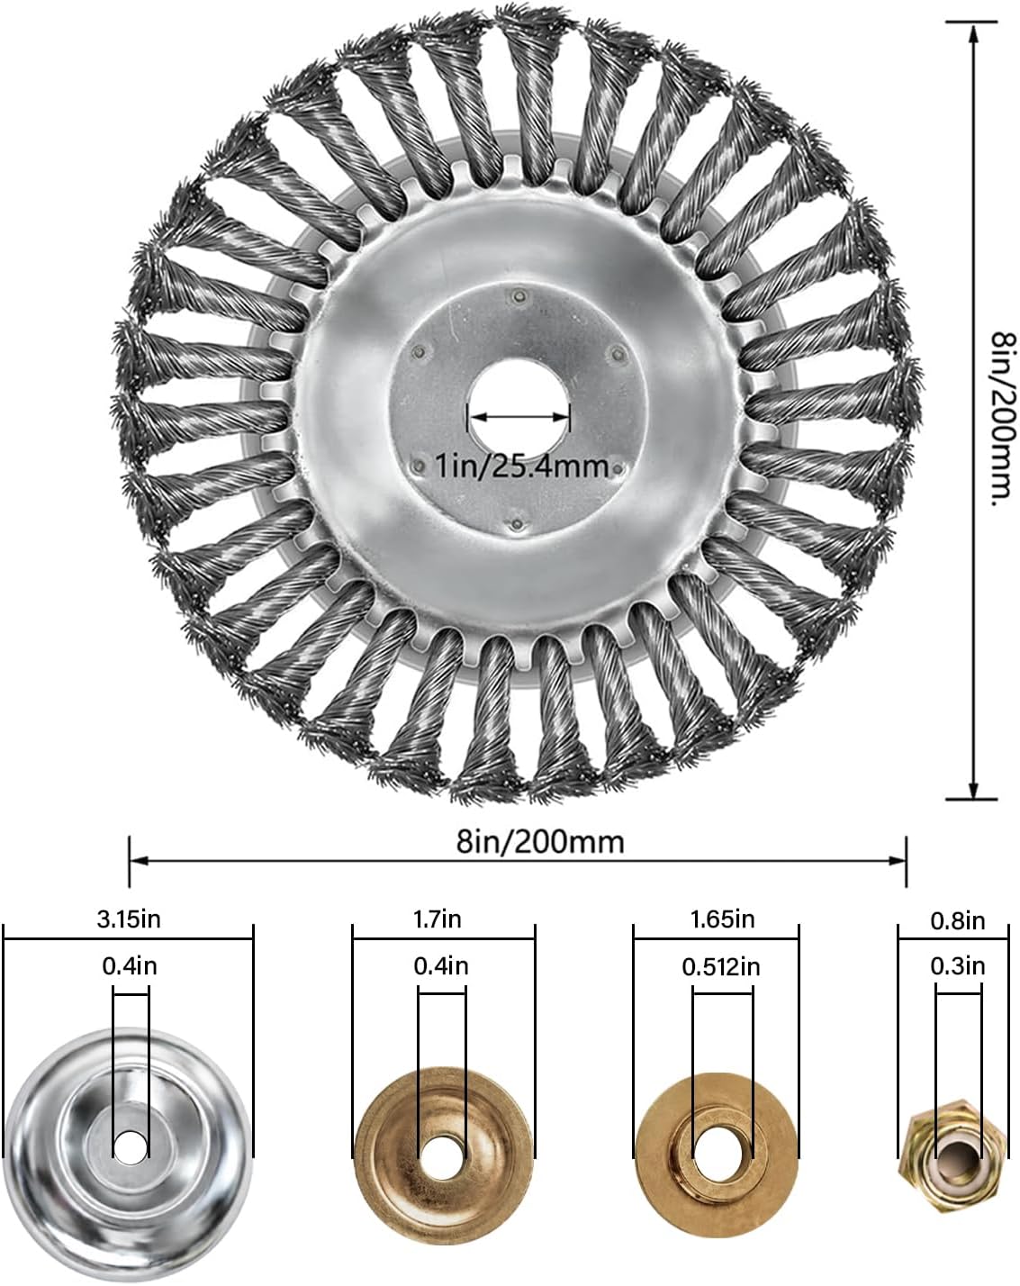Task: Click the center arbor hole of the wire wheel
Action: click(x=519, y=412)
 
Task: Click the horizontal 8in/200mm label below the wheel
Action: click(x=540, y=841)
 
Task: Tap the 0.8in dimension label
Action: click(x=957, y=920)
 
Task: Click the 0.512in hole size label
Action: click(x=721, y=966)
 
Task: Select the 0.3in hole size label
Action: click(x=957, y=965)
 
